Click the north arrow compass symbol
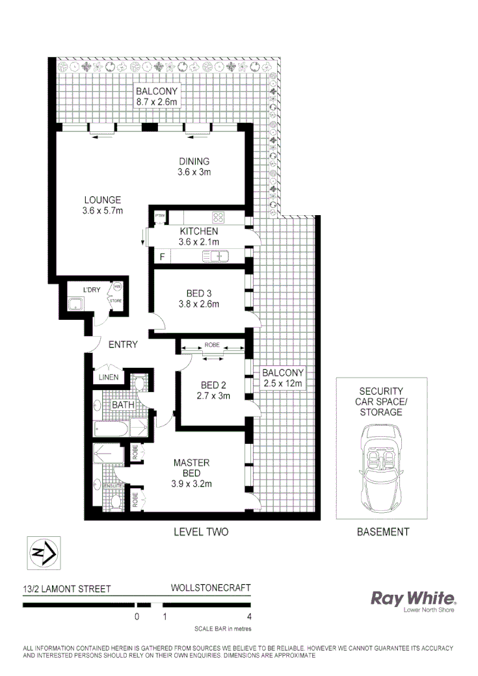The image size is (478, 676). (x=42, y=553)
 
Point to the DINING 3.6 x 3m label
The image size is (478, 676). (x=194, y=167)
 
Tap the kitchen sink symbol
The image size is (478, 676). (x=215, y=257)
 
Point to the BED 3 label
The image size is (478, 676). (x=199, y=298)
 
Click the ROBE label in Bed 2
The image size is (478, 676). (x=212, y=344)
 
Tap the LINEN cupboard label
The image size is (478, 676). (x=108, y=378)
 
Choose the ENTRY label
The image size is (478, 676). (x=122, y=344)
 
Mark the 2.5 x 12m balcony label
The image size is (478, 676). (x=283, y=378)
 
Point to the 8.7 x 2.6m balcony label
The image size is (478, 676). (x=157, y=96)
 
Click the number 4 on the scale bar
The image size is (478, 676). (x=249, y=617)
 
